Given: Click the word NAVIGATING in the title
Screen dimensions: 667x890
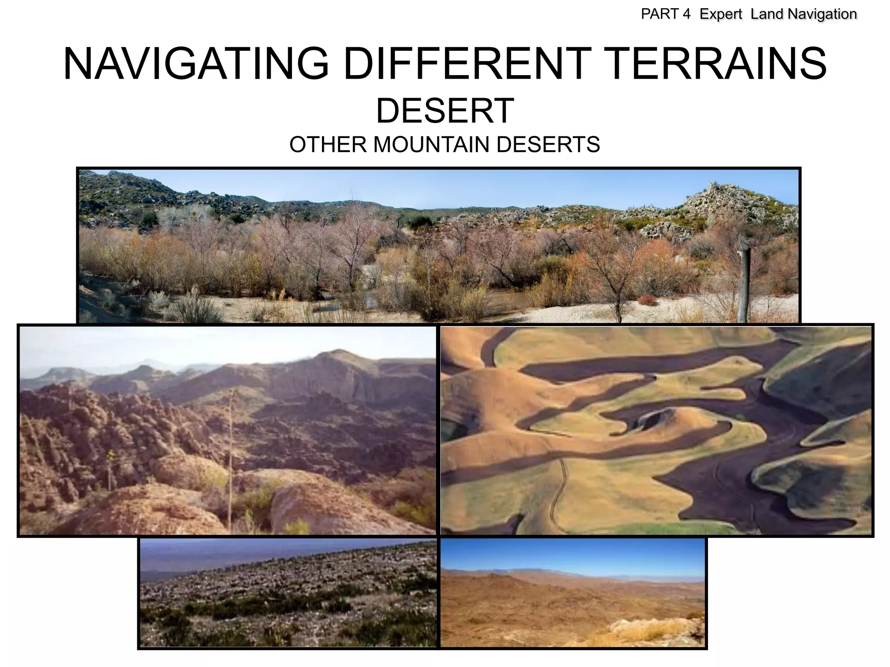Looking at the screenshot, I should [x=196, y=64].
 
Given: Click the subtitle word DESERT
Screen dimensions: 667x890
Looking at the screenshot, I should [x=445, y=111].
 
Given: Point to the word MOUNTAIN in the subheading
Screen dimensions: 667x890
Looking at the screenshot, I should [x=432, y=145].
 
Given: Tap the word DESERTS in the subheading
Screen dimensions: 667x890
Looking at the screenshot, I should [x=548, y=145].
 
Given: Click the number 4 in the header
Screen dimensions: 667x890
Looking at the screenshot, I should [x=686, y=14].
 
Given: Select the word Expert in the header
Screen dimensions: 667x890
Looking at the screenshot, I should [x=721, y=14].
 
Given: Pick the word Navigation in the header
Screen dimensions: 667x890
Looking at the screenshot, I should [x=822, y=14].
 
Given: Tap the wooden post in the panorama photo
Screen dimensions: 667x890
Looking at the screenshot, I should [x=744, y=282].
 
